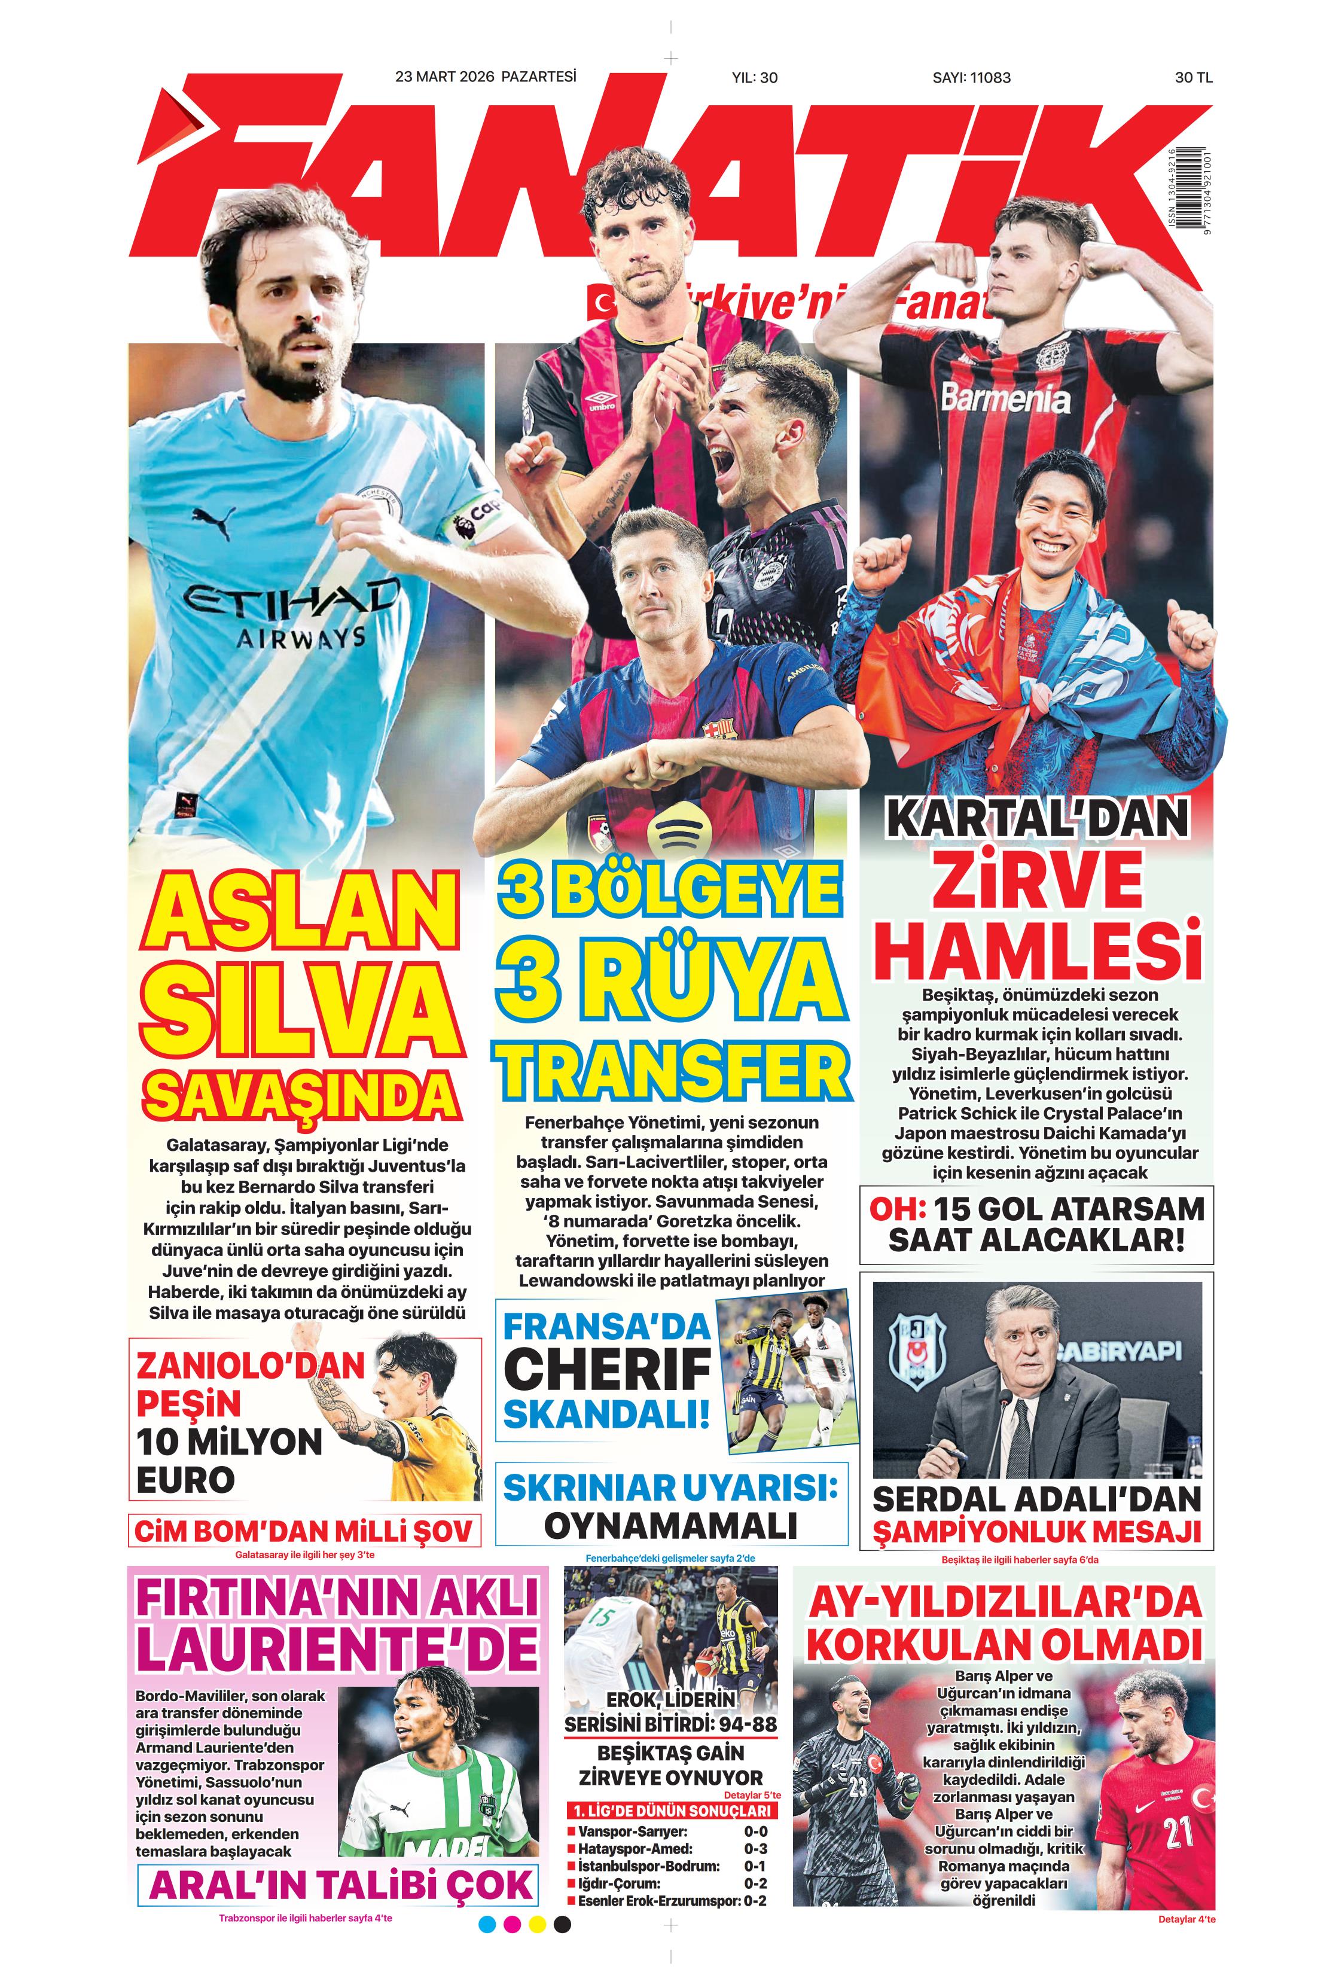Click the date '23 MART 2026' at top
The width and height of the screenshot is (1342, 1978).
(x=444, y=77)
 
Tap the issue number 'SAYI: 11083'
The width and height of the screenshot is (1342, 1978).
(x=971, y=77)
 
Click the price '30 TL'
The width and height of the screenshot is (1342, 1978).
(x=1192, y=77)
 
